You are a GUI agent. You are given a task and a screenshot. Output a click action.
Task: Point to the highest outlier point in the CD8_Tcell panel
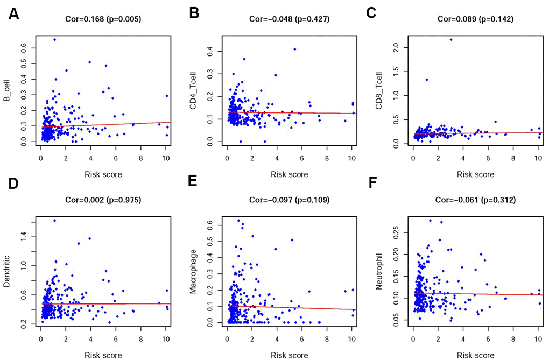pyautogui.click(x=451, y=39)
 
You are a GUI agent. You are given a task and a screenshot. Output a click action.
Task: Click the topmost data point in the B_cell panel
pyautogui.click(x=54, y=39)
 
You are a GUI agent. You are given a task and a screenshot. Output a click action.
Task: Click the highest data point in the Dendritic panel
pyautogui.click(x=54, y=221)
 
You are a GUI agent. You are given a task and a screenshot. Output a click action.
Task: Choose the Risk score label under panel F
pyautogui.click(x=475, y=355)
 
